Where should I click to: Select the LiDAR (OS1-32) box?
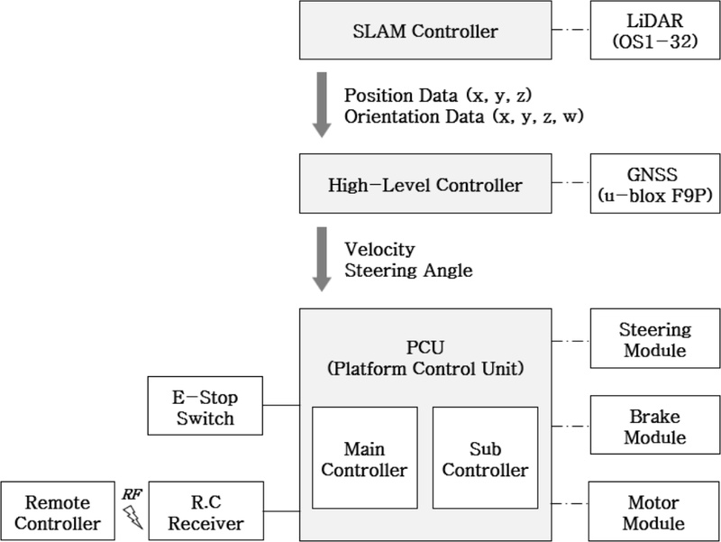pos(653,32)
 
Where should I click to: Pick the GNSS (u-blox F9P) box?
pos(653,186)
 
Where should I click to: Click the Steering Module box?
pos(653,339)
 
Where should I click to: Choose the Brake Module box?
pos(653,426)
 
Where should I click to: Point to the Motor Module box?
pos(653,511)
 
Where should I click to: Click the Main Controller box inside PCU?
pos(364,458)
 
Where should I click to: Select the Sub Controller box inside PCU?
pos(485,458)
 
